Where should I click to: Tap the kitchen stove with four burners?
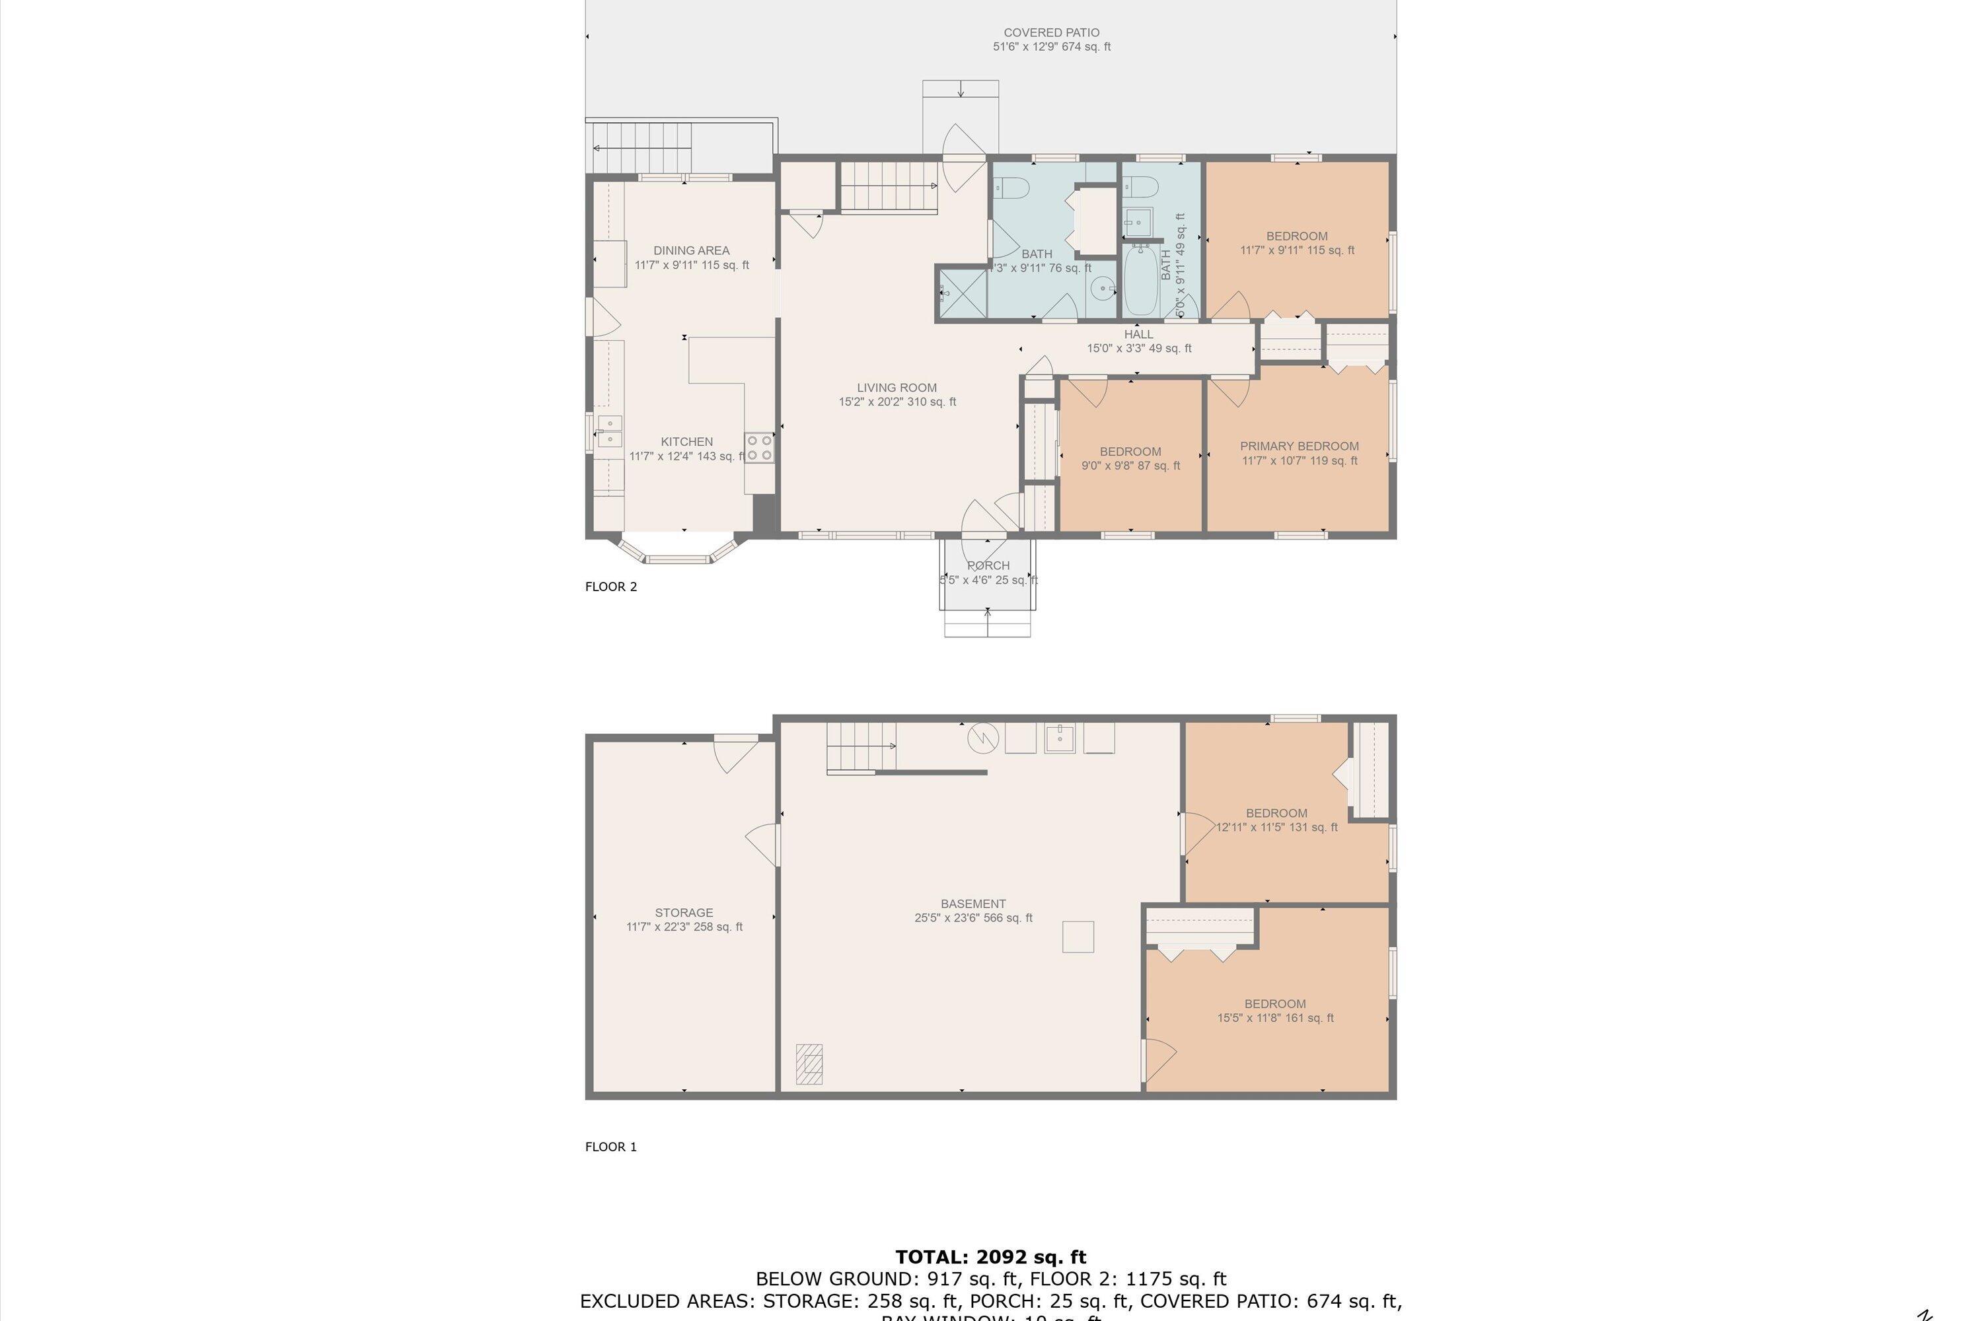point(758,447)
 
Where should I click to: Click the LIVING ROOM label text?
point(897,388)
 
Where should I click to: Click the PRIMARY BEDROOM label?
point(1299,446)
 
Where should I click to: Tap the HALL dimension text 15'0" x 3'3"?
point(1138,348)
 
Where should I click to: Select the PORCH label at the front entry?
point(988,565)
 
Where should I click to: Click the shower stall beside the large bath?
point(961,293)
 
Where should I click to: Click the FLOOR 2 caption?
point(611,587)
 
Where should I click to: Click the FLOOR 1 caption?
point(611,1147)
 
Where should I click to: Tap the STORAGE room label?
point(683,912)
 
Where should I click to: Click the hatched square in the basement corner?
point(809,1064)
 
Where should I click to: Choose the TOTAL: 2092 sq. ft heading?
point(990,1258)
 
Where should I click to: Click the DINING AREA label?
point(691,250)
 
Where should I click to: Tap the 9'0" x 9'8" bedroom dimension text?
point(1130,466)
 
